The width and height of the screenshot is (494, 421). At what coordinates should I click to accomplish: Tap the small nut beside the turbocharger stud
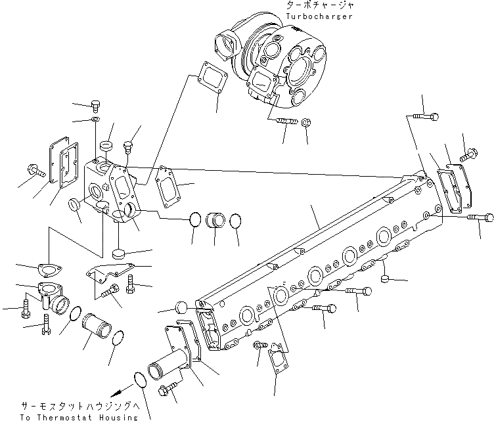[306, 122]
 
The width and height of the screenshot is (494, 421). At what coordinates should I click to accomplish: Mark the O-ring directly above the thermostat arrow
[141, 379]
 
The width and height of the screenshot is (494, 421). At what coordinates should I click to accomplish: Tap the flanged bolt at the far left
[35, 171]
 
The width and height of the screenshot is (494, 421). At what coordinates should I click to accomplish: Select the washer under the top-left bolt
[96, 120]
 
